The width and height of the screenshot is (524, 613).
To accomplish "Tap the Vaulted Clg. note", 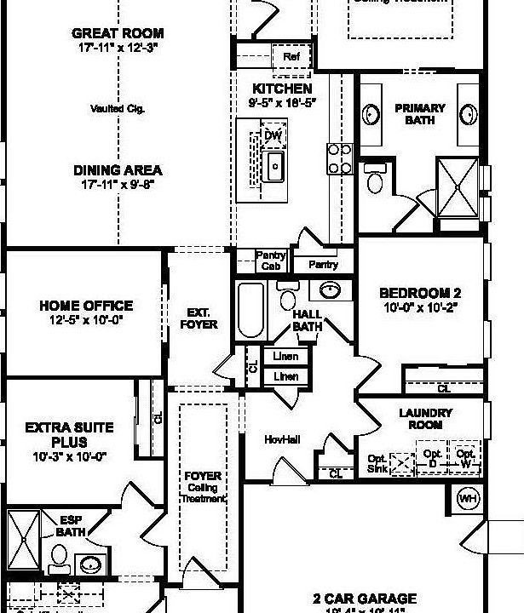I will pos(117,109).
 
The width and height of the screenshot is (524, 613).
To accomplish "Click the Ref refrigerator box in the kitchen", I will pos(291,56).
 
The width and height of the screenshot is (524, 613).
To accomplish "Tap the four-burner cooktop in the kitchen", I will pos(339,158).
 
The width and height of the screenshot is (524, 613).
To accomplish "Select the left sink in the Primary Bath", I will pos(372,114).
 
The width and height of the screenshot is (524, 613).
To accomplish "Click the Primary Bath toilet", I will pos(374,180).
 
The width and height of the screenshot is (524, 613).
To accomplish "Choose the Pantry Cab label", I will pos(271,261).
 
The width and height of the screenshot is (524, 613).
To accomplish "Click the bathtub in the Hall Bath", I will pos(250,311).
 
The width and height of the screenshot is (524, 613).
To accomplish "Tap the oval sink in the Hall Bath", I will pos(327,291).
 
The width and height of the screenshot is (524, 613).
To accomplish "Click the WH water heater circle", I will pos(468,497).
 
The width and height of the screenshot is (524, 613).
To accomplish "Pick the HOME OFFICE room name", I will pos(86,306).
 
